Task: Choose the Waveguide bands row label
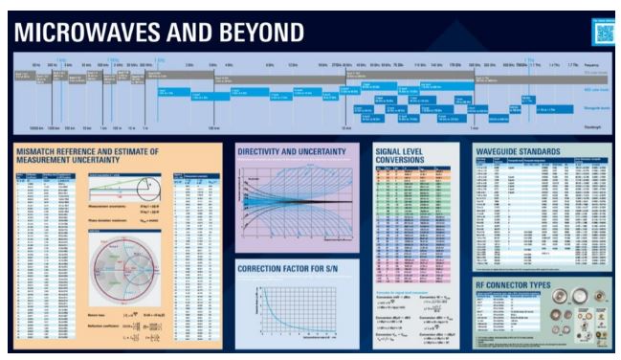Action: tap(597, 110)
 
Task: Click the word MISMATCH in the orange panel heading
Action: tap(52, 152)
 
